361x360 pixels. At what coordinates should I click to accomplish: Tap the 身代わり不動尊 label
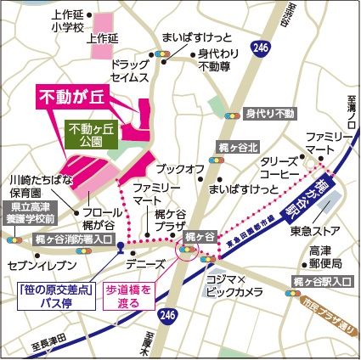point(217,61)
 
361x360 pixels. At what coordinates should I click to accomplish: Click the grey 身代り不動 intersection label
point(269,113)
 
